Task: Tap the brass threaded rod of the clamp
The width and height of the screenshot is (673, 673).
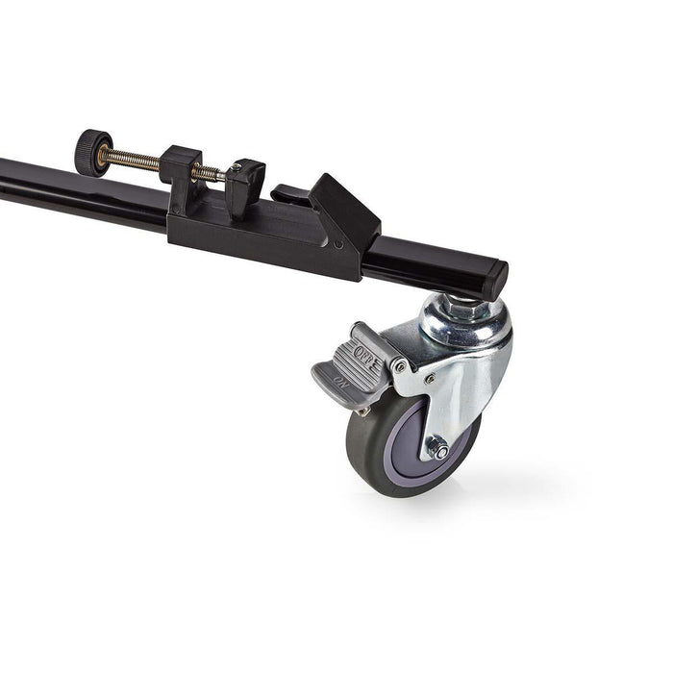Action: [135, 161]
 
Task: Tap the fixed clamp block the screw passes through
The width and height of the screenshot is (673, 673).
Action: [181, 165]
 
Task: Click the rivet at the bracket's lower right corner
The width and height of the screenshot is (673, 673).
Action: [338, 244]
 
